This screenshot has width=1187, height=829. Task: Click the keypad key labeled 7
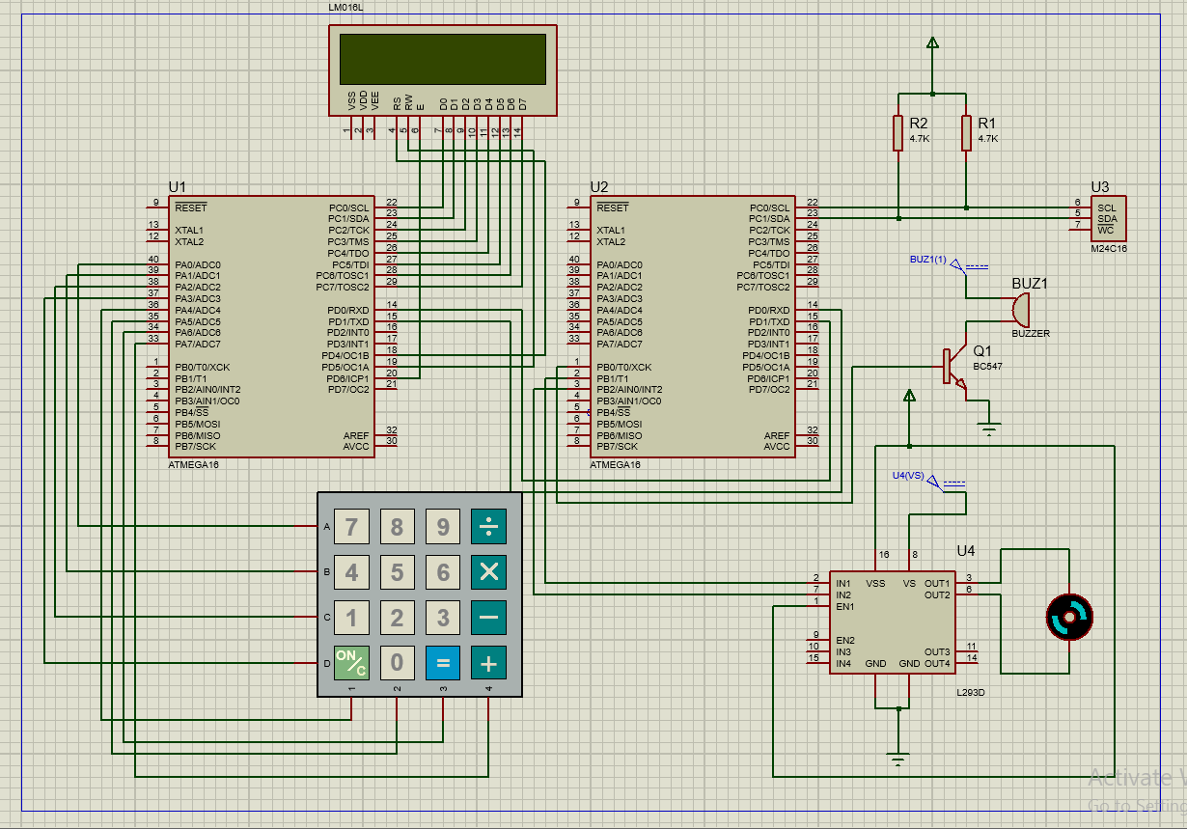tap(351, 527)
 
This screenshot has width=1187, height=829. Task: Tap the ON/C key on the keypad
tap(351, 663)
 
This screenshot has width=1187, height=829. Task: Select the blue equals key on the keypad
tap(443, 663)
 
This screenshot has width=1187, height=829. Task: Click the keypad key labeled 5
tap(397, 572)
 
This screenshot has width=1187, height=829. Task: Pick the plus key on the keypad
tap(488, 663)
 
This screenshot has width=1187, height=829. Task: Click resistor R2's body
tap(898, 133)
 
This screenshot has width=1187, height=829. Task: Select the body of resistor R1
tap(966, 133)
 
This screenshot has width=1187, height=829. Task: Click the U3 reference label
tap(1100, 187)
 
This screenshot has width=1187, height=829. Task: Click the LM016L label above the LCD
tap(345, 8)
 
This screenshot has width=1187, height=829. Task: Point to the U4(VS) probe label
tap(908, 475)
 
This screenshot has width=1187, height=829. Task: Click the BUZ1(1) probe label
tap(927, 260)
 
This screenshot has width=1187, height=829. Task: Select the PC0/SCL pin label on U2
tap(769, 207)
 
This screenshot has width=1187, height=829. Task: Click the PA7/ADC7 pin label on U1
tap(198, 345)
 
